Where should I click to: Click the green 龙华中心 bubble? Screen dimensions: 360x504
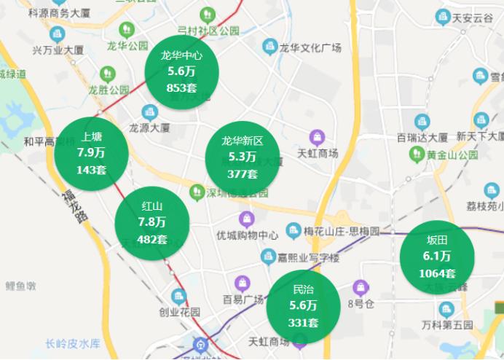[x=182, y=71]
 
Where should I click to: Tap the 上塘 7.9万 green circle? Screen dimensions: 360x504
[x=92, y=152]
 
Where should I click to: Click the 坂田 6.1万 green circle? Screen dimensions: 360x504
[x=437, y=257]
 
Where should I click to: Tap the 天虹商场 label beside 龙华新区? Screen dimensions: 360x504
[x=318, y=153]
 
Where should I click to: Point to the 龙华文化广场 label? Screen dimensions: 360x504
[x=311, y=49]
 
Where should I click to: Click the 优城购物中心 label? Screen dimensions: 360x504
[x=248, y=235]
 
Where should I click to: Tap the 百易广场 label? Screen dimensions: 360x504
[x=243, y=300]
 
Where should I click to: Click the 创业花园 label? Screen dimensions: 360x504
[x=179, y=311]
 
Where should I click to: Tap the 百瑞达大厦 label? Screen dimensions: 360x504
[x=422, y=136]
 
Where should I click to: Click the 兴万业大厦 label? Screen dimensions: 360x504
[x=58, y=50]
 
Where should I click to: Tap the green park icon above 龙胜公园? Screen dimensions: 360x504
[x=108, y=74]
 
